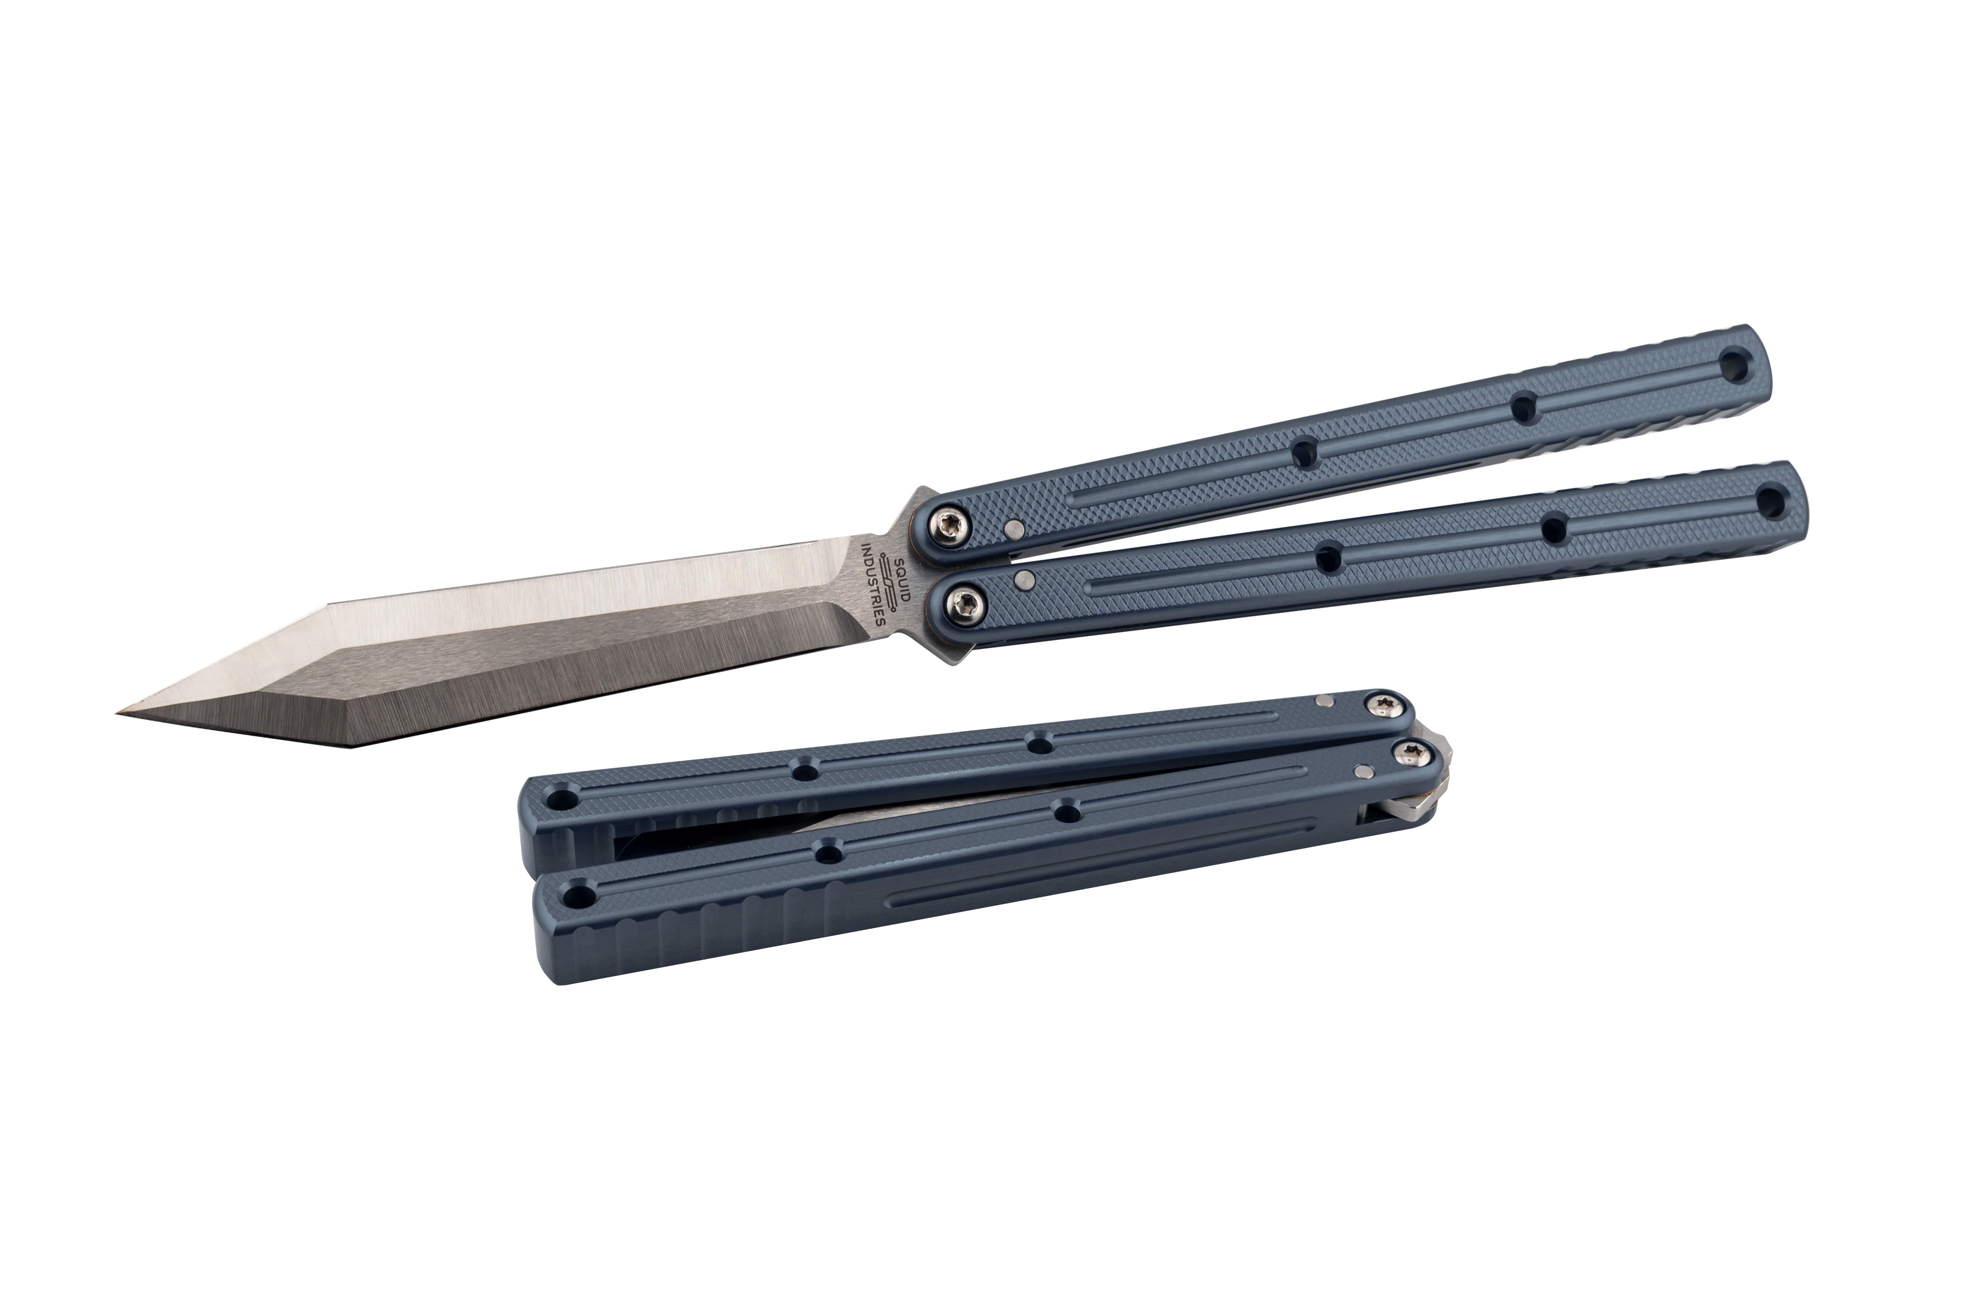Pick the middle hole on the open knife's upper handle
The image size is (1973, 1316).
pyautogui.click(x=1524, y=409)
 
